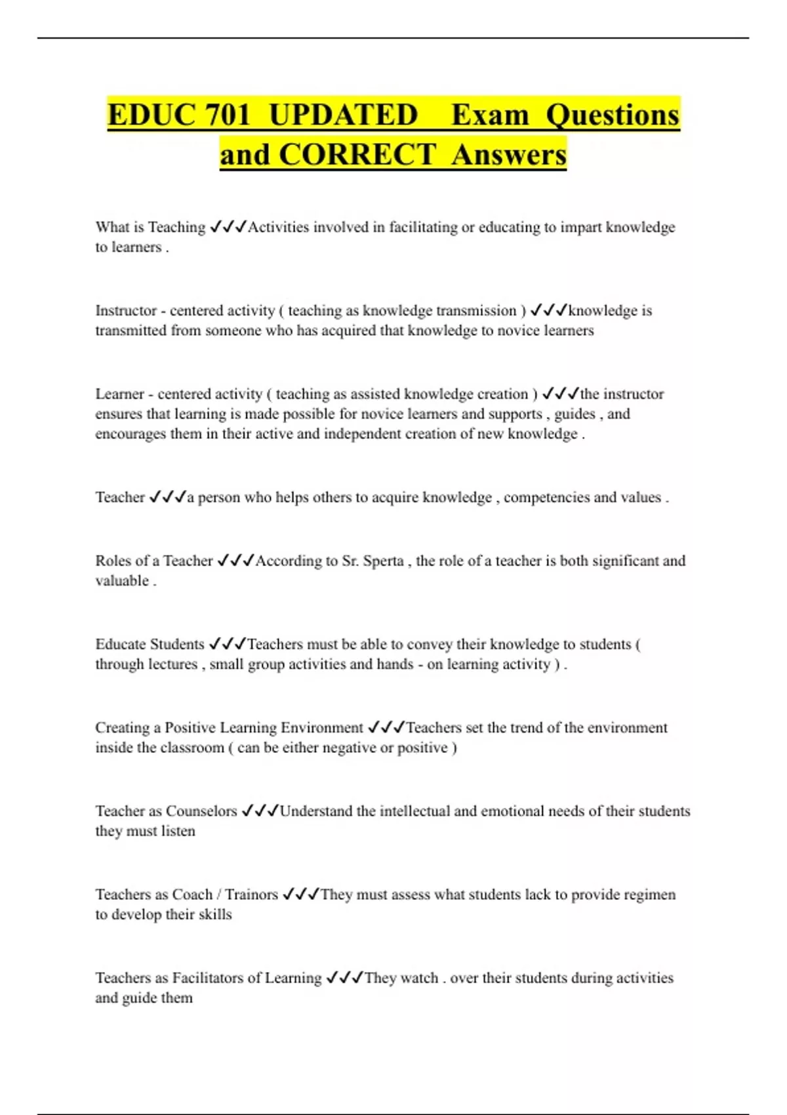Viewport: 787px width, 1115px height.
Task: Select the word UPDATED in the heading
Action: pos(343,115)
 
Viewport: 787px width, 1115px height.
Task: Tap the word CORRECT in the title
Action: pos(357,155)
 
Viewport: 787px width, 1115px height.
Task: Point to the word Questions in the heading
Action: pos(613,115)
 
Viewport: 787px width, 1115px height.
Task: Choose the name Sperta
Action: pos(383,561)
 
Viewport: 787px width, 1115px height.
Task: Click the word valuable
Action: pos(122,581)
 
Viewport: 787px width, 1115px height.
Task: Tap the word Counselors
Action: pos(201,811)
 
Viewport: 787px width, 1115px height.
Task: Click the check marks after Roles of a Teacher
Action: pos(235,561)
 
